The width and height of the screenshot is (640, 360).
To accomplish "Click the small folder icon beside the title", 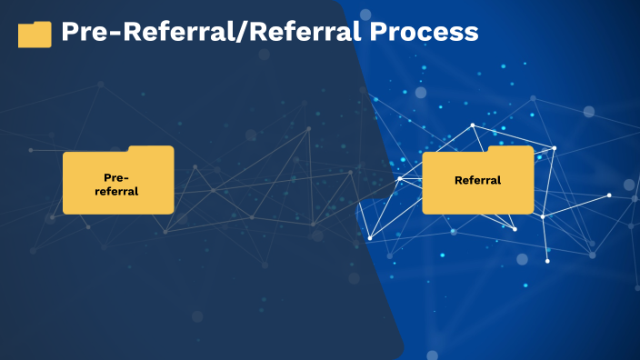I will tap(35, 35).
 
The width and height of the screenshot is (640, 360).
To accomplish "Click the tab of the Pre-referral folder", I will tap(150, 149).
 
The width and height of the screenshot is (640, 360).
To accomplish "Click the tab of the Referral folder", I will tap(510, 149).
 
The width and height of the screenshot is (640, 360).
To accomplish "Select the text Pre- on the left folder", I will tap(117, 177).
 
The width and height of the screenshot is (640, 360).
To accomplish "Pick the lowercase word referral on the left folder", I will tap(117, 191).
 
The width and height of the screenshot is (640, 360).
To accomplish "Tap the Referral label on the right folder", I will tap(477, 180).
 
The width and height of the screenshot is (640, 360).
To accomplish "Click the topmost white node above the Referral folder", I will tap(473, 125).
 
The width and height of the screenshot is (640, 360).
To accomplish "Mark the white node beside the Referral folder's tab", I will tap(555, 147).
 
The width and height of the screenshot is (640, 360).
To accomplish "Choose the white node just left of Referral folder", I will tap(399, 179).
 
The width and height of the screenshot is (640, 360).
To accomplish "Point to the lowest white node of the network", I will tap(547, 261).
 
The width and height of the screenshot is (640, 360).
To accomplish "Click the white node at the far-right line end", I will tap(609, 195).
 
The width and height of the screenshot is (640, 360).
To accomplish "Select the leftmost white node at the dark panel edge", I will tap(369, 238).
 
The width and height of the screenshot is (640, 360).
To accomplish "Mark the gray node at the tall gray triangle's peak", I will tap(308, 128).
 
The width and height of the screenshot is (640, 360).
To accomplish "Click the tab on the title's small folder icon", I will tap(42, 24).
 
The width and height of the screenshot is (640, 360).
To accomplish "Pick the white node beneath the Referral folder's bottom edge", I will tap(515, 229).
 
